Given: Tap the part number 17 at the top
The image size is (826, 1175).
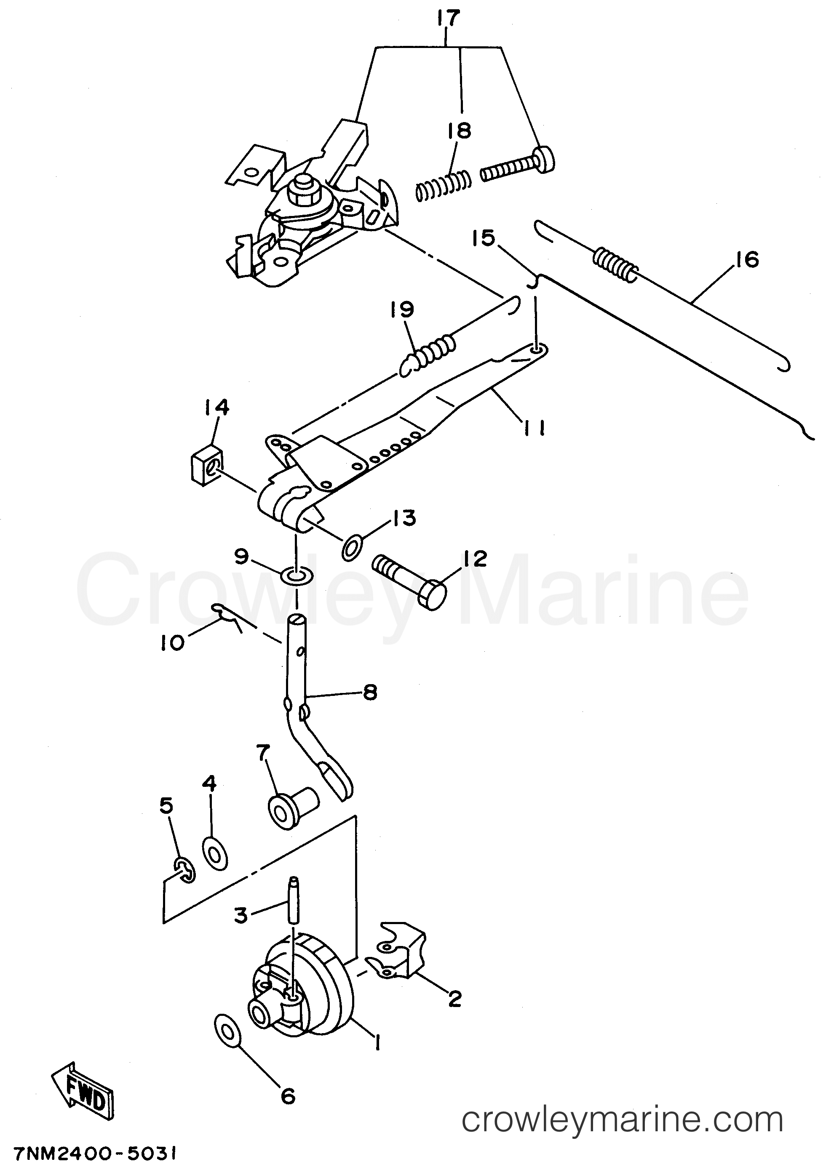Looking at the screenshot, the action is click(x=449, y=18).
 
